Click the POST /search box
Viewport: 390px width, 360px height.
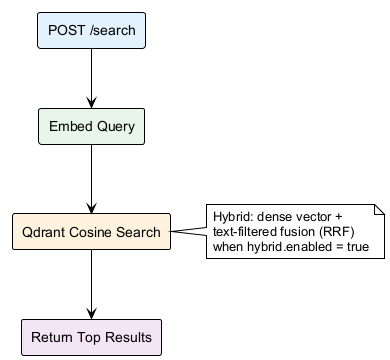pyautogui.click(x=91, y=30)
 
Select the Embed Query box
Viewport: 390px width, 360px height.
pyautogui.click(x=91, y=128)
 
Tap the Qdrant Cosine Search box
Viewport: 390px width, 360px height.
pyautogui.click(x=91, y=232)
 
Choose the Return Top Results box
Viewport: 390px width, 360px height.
pyautogui.click(x=91, y=335)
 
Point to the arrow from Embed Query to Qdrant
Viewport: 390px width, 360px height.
pyautogui.click(x=91, y=180)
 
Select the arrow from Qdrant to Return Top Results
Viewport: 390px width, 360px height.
pyautogui.click(x=91, y=283)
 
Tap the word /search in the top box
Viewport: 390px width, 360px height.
pyautogui.click(x=109, y=30)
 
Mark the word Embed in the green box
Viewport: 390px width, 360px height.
pyautogui.click(x=72, y=128)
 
